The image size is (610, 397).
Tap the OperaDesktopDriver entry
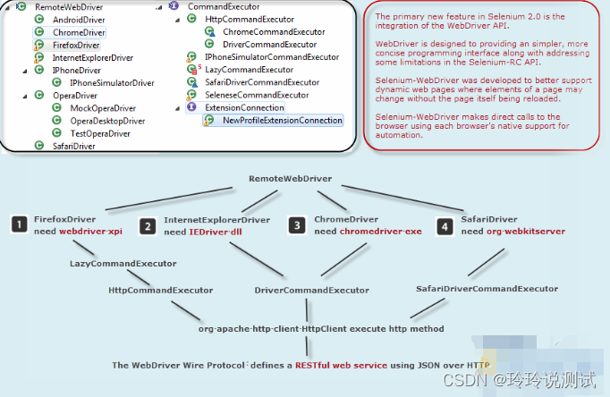click(107, 120)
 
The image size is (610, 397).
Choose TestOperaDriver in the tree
click(100, 133)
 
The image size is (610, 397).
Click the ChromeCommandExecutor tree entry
click(274, 31)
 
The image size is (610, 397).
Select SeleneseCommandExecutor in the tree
click(257, 94)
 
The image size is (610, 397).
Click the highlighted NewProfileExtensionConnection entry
click(283, 120)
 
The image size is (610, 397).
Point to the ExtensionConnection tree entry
click(244, 107)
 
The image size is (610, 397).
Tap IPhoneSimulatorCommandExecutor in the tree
click(272, 56)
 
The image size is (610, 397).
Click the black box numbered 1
click(19, 225)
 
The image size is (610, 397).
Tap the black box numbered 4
click(445, 225)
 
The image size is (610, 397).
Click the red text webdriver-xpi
click(90, 232)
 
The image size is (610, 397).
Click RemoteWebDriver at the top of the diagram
click(291, 179)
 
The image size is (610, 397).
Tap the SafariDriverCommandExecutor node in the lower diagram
click(487, 289)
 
